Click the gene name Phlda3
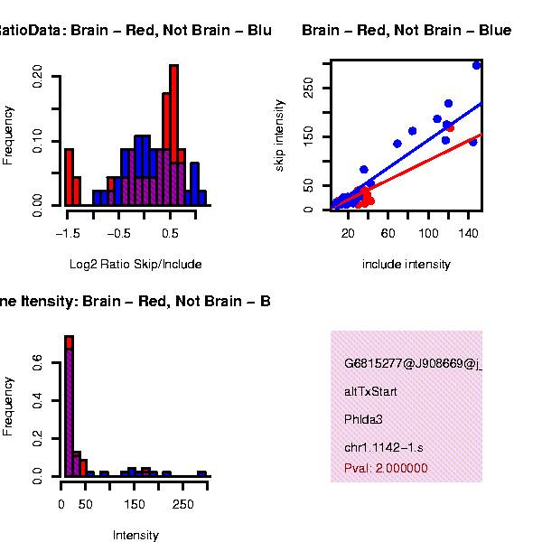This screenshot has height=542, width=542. click(x=363, y=420)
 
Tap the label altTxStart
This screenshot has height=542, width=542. click(x=370, y=392)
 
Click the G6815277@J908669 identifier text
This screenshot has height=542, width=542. click(x=412, y=364)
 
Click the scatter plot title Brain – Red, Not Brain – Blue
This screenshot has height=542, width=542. click(x=406, y=31)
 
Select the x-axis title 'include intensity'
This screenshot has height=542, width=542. click(x=406, y=265)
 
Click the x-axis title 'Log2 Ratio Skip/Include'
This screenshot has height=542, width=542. click(x=135, y=265)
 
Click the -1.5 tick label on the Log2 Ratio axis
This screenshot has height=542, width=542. click(x=67, y=233)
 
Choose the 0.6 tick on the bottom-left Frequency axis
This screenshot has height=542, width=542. click(x=37, y=361)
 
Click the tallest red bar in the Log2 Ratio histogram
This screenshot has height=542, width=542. click(x=173, y=135)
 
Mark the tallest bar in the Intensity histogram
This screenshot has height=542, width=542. click(x=68, y=406)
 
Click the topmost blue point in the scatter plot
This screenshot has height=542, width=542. click(x=477, y=65)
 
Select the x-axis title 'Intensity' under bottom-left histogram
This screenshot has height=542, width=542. click(x=135, y=535)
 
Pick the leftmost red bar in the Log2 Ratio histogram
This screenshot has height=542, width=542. click(x=69, y=177)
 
